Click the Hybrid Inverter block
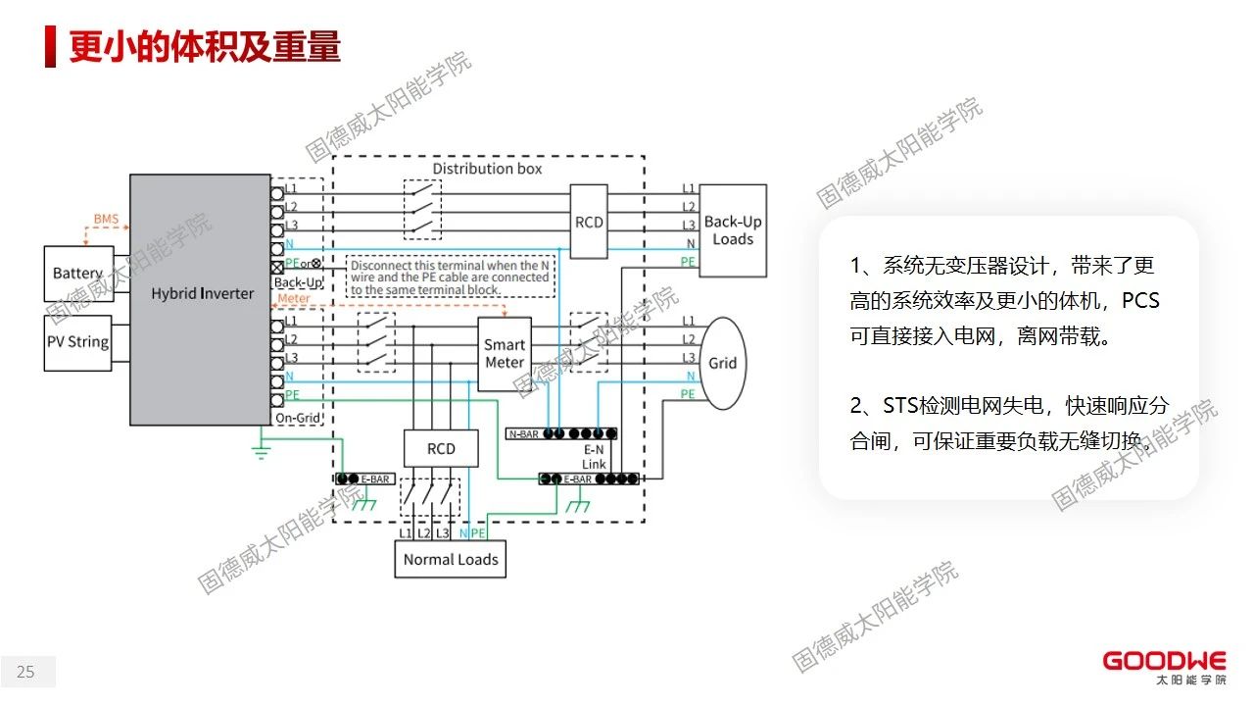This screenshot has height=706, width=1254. pyautogui.click(x=201, y=294)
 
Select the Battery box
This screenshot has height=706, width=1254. pyautogui.click(x=78, y=274)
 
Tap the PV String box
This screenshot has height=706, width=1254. pyautogui.click(x=78, y=342)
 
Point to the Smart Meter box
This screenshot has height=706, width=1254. pyautogui.click(x=505, y=353)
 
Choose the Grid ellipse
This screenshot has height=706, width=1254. pyautogui.click(x=723, y=363)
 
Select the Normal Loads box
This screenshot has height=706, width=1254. pyautogui.click(x=451, y=560)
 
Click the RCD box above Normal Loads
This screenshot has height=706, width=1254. pyautogui.click(x=441, y=448)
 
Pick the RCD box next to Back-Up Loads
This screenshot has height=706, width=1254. pyautogui.click(x=589, y=223)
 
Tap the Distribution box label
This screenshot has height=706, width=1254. pyautogui.click(x=487, y=169)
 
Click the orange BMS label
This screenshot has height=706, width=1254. pyautogui.click(x=105, y=219)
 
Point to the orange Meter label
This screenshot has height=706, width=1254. pyautogui.click(x=294, y=299)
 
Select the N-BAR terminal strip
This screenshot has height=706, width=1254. pyautogui.click(x=560, y=433)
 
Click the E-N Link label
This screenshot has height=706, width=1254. pyautogui.click(x=594, y=456)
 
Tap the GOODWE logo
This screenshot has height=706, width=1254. pyautogui.click(x=1164, y=662)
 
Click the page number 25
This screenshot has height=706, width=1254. pyautogui.click(x=25, y=672)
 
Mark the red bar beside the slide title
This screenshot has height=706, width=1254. pyautogui.click(x=50, y=46)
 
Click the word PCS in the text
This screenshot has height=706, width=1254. pyautogui.click(x=1140, y=300)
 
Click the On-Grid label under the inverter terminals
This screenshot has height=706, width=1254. pyautogui.click(x=298, y=419)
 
